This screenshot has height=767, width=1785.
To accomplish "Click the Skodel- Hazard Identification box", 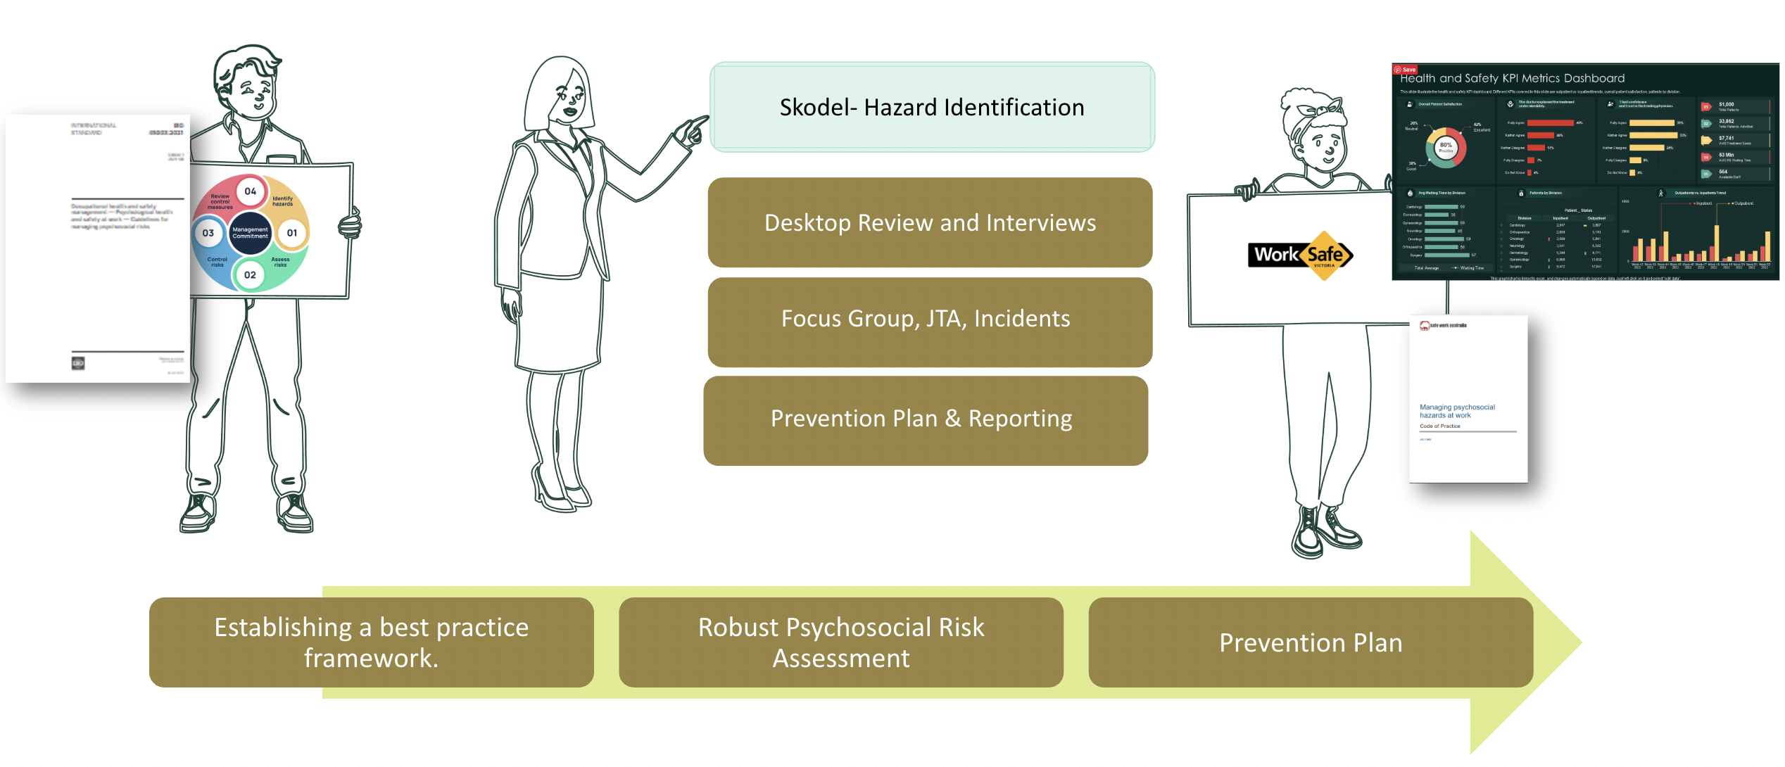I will click(932, 107).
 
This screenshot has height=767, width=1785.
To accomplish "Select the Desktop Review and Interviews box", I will click(930, 222).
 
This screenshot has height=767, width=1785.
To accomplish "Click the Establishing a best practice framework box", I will click(371, 642).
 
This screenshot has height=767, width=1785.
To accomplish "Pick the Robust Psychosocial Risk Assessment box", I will click(840, 642).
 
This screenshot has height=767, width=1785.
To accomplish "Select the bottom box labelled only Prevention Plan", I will click(1310, 642).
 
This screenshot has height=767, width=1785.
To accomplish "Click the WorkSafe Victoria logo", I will click(1301, 255).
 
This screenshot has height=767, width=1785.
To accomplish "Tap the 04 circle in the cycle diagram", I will click(251, 191).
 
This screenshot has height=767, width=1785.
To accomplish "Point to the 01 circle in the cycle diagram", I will click(292, 233).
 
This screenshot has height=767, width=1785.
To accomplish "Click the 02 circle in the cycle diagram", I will click(250, 274).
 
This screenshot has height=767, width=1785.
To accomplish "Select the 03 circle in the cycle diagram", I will click(208, 233).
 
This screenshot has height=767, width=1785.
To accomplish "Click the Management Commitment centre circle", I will click(250, 233).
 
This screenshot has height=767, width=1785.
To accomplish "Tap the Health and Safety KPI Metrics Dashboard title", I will click(1512, 78).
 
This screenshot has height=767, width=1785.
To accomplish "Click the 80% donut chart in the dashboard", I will click(1445, 147).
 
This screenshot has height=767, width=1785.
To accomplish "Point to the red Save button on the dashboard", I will click(1405, 70).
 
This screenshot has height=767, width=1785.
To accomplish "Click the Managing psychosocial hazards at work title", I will click(1456, 411).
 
